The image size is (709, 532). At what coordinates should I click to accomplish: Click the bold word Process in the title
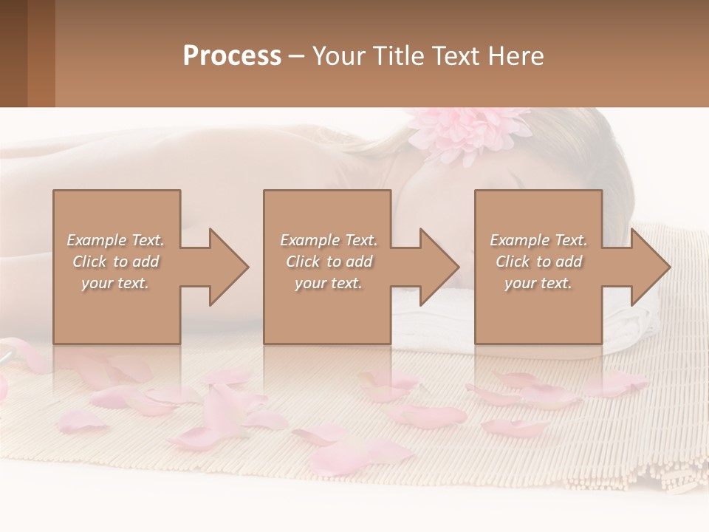(232, 56)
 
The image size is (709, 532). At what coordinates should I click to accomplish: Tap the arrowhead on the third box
(650, 267)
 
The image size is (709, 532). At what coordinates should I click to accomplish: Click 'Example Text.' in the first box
(116, 240)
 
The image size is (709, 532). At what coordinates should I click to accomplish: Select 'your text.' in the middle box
(328, 283)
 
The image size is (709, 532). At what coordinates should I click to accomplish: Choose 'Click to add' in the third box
(539, 262)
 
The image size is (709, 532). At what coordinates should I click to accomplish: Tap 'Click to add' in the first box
(116, 262)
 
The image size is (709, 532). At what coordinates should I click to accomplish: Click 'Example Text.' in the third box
(538, 240)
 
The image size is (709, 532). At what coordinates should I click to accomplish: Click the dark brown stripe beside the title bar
(13, 53)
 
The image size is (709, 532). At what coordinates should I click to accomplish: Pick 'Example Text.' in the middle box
(328, 240)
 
